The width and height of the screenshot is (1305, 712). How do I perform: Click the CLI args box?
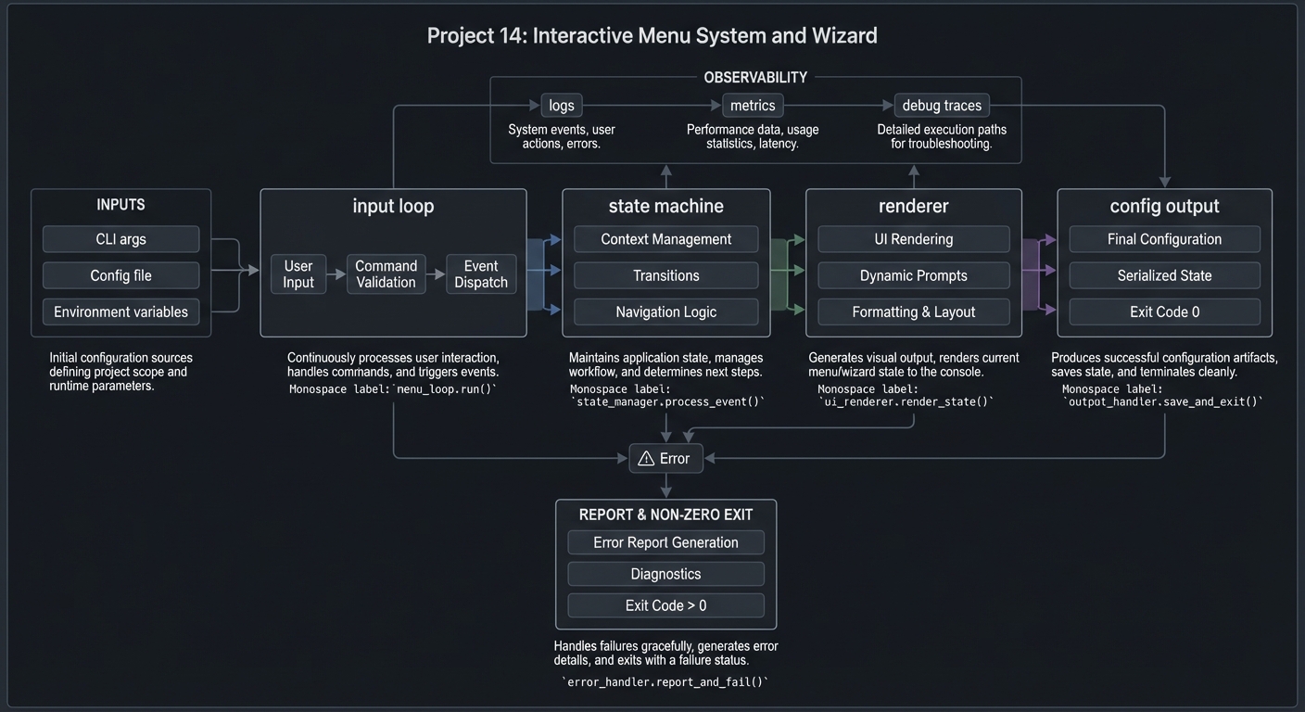pos(120,239)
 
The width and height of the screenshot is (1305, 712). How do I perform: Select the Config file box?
pos(120,275)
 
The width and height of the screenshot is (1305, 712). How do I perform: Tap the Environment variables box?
pos(120,311)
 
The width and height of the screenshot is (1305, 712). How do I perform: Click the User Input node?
pos(298,274)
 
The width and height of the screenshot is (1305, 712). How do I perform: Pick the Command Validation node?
pos(386,274)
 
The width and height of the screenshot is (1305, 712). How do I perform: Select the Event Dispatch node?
pos(481,274)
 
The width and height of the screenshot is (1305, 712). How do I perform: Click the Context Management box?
pos(665,239)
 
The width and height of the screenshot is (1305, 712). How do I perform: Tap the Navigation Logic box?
pos(665,311)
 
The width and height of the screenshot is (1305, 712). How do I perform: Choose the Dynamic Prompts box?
pos(913,275)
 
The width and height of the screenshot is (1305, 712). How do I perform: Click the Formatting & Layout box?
pos(913,311)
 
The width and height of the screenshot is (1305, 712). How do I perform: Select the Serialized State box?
pos(1164,275)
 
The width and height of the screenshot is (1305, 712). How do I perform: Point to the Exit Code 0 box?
pos(1164,311)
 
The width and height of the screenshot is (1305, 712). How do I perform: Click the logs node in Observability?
pos(562,106)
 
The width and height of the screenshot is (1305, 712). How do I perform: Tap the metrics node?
pos(753,106)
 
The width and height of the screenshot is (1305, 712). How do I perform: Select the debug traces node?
pos(942,106)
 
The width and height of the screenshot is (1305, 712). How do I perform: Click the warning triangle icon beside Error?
pos(647,458)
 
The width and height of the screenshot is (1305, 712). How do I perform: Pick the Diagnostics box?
pos(665,574)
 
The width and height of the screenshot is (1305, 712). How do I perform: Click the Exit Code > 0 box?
pos(665,605)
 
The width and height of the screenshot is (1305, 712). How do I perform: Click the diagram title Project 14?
pos(652,36)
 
